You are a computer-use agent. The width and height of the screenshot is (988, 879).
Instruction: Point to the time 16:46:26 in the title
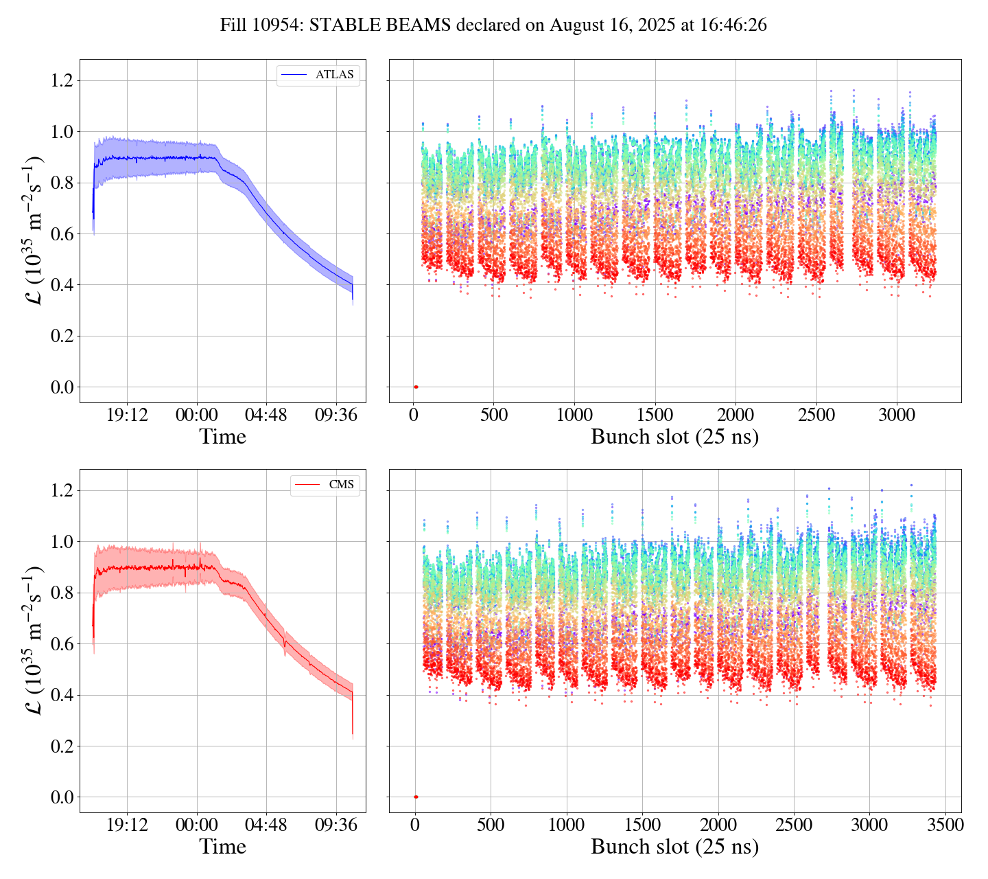point(733,25)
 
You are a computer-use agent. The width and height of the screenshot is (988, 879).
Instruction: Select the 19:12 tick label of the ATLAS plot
point(127,415)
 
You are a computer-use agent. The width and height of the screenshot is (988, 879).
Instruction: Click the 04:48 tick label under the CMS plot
point(266,825)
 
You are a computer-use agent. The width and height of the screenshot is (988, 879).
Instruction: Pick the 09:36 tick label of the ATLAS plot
point(336,415)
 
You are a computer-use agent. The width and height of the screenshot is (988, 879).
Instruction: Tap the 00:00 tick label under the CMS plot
point(197,825)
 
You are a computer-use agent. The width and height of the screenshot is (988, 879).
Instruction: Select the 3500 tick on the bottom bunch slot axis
point(945,825)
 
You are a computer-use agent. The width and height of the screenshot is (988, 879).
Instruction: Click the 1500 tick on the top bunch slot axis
point(655,415)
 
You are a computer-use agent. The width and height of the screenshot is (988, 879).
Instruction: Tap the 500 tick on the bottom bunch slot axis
point(491,825)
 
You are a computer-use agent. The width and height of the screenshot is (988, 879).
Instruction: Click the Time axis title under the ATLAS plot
point(222,437)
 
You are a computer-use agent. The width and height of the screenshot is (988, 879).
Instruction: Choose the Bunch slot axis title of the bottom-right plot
point(674,847)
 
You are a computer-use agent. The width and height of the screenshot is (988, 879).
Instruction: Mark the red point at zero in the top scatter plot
point(416,387)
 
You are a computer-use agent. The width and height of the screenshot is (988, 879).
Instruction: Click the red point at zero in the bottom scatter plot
point(416,797)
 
